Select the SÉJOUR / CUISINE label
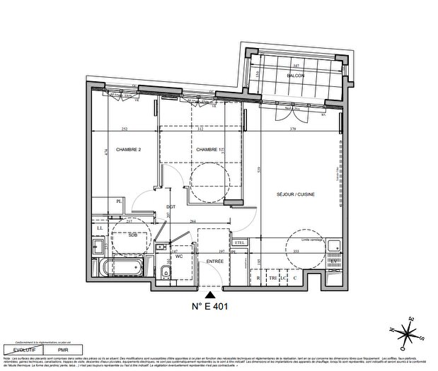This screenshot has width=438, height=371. click(296, 194)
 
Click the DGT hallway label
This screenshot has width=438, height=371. click(171, 207)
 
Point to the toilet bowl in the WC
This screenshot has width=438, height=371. click(164, 272)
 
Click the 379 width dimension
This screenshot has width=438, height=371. click(292, 129)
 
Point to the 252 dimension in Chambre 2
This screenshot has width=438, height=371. click(124, 129)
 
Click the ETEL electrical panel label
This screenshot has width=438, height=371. click(240, 243)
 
